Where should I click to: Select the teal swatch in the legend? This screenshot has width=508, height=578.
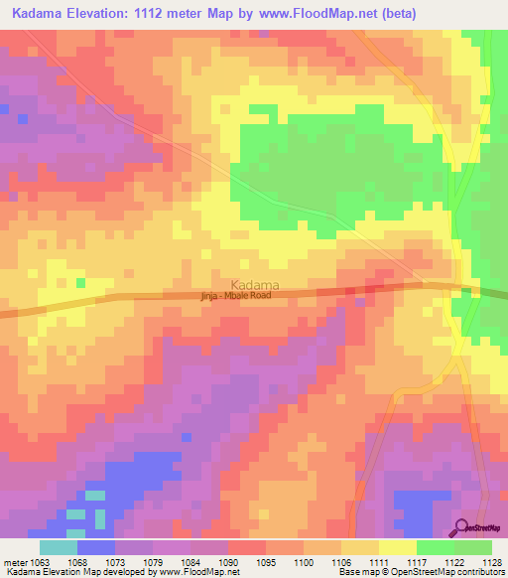58,546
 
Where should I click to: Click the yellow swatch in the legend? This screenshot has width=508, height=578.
397,546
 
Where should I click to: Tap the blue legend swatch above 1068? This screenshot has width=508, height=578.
95,546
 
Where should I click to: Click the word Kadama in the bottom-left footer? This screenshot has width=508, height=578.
18,571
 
